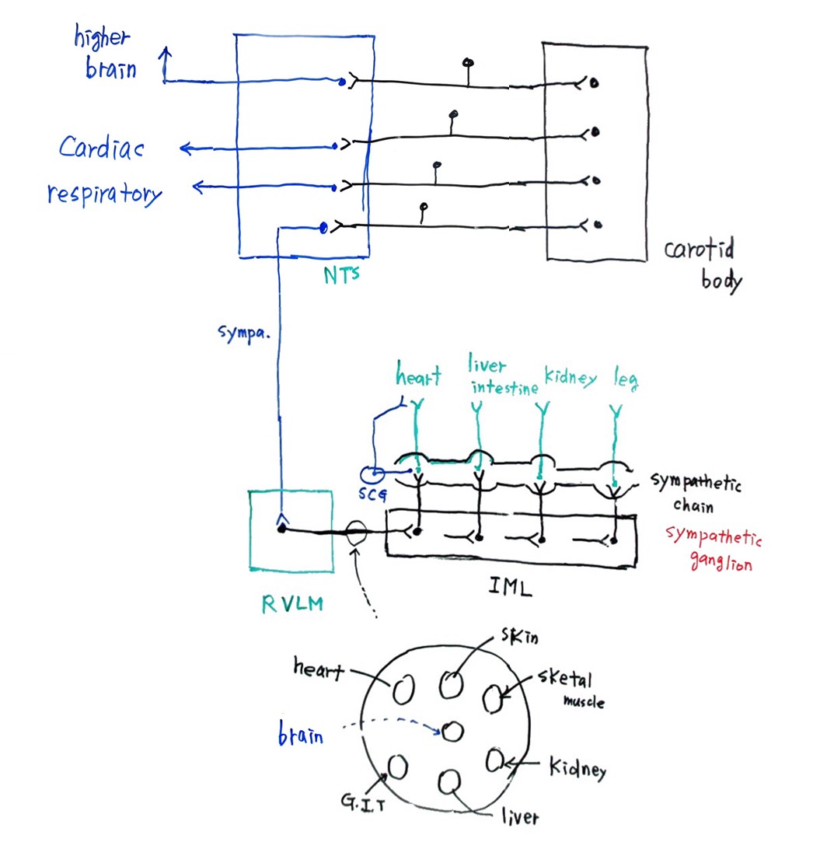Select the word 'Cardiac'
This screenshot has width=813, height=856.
[x=102, y=148]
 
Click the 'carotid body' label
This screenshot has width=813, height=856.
[x=701, y=264]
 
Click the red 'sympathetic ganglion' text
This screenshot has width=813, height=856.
[x=712, y=550]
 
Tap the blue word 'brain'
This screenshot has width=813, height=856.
[x=301, y=734]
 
